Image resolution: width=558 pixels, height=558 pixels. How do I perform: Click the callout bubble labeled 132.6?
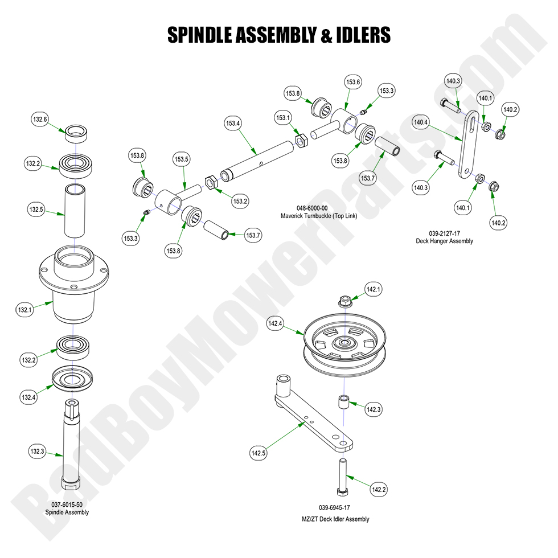coord(40,120)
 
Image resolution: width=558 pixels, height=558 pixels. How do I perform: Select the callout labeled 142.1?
coord(372,290)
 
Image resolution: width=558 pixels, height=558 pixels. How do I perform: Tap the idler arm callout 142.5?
coord(258,453)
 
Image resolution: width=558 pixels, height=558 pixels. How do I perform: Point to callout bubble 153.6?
coord(353,83)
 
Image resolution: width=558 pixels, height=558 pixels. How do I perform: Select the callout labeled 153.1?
coord(283,118)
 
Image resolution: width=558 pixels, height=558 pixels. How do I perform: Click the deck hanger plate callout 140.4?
coord(420,122)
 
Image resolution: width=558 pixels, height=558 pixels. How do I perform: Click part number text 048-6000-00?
coord(311,208)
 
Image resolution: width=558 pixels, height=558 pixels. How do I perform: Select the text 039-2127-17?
coord(445,233)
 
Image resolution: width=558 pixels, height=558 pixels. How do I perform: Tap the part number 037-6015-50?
coord(67,504)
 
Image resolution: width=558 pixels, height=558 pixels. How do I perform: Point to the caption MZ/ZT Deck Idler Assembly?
coord(336,519)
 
